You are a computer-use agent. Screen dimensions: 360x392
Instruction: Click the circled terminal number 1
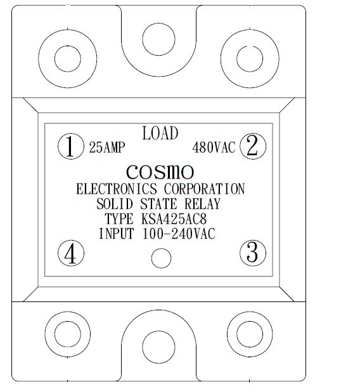tap(71, 146)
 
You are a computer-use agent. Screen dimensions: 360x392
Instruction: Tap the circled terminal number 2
tap(253, 146)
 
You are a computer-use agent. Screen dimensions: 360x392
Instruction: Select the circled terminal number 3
tap(253, 253)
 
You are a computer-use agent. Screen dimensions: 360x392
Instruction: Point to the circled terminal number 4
tap(71, 253)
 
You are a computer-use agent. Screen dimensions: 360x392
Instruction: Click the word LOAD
tap(160, 133)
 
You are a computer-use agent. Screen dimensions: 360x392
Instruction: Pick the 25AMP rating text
tap(107, 148)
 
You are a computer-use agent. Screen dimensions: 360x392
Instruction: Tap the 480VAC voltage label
tap(214, 148)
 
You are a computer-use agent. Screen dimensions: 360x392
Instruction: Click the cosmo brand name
tap(160, 172)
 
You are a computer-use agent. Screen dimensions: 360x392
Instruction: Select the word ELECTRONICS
tap(117, 189)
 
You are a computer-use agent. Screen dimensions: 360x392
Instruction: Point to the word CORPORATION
tap(204, 189)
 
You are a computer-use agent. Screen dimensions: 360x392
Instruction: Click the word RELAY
tap(203, 204)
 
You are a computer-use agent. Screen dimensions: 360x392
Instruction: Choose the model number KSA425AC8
tap(174, 219)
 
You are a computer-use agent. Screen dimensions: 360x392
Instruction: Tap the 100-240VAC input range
tap(179, 234)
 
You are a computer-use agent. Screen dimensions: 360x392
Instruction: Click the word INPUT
tap(117, 234)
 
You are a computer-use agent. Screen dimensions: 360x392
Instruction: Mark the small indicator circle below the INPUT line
tap(162, 258)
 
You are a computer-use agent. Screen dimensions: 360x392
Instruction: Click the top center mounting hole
tap(158, 39)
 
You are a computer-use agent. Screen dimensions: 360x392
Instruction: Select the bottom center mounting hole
tap(158, 347)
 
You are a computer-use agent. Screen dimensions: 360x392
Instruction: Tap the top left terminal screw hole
tap(68, 59)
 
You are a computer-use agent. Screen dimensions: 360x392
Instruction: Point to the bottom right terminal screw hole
tap(250, 334)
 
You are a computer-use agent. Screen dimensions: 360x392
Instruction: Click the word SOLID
tap(115, 204)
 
